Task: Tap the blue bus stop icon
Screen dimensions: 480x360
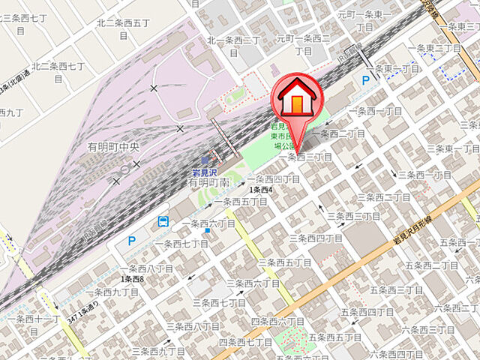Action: pos(163,221)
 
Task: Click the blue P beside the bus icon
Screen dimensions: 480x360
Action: pos(132,241)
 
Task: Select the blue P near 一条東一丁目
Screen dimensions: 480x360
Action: pos(366,79)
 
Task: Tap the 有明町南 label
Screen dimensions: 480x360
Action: pos(208,182)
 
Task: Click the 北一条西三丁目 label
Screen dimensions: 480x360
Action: pos(233,40)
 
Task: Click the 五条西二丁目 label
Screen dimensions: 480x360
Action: pos(431,265)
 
